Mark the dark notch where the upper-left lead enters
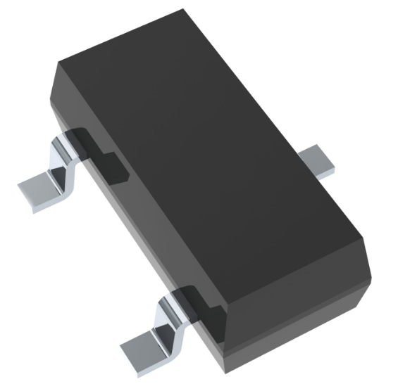point(99,149)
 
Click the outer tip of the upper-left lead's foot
point(21,188)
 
